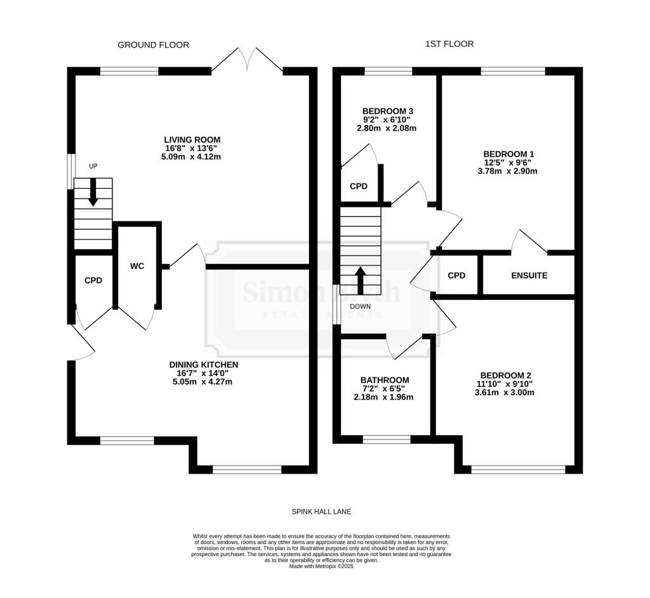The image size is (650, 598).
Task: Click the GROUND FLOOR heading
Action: [153, 44]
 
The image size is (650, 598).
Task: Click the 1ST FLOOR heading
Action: [450, 44]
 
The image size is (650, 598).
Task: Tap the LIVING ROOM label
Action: [192, 140]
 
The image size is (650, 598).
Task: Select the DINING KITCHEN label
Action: [203, 365]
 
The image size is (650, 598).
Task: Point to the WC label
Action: [137, 266]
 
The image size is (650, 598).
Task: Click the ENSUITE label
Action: [529, 276]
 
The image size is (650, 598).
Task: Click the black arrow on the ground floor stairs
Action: [93, 192]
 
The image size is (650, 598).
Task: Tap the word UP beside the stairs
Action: [93, 166]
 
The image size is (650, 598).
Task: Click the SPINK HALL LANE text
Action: [321, 511]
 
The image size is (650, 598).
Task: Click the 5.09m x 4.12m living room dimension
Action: [192, 157]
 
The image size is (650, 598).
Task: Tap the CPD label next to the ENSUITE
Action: [456, 276]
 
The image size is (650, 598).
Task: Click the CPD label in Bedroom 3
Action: [359, 186]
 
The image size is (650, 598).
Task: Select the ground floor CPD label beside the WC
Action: [93, 280]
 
